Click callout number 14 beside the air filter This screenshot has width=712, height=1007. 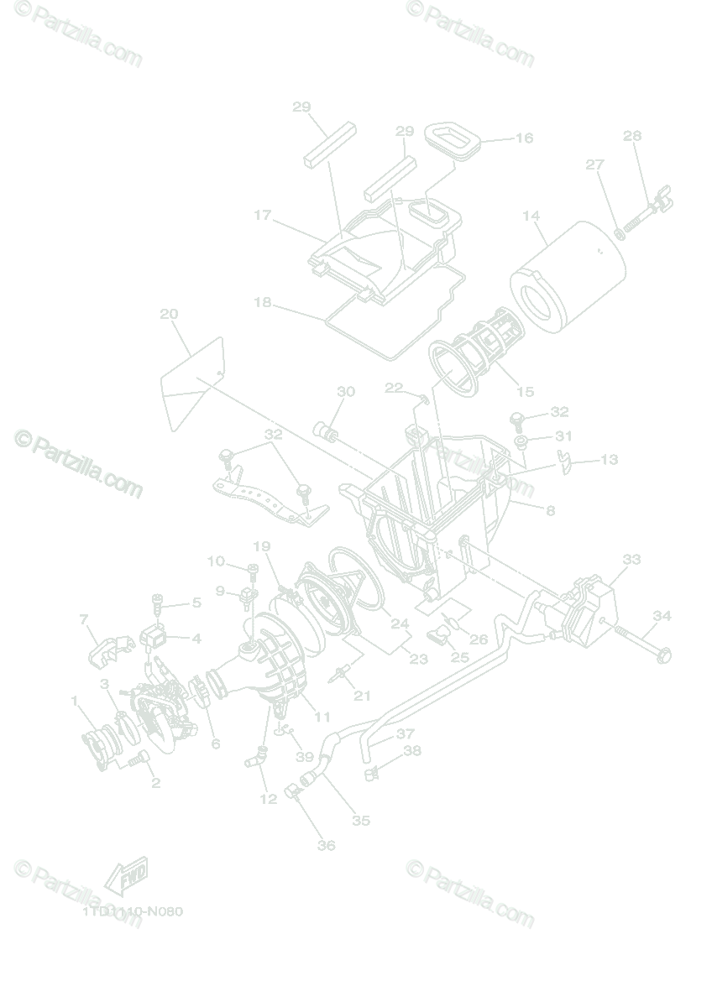tap(531, 216)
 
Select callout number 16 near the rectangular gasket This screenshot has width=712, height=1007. tap(524, 138)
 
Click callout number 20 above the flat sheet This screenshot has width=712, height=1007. tap(169, 314)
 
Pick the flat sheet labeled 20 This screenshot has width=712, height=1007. tap(193, 382)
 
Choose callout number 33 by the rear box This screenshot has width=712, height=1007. tap(631, 558)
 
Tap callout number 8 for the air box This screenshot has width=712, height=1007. tap(550, 510)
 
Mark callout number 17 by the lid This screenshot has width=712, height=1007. tap(263, 216)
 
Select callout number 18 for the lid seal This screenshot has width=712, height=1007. tap(263, 302)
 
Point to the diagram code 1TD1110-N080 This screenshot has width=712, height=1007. tap(133, 911)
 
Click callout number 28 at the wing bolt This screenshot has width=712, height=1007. tap(632, 135)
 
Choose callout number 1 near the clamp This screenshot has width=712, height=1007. tap(74, 701)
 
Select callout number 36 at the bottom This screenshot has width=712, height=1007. tap(326, 845)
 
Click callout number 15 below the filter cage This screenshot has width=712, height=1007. tap(525, 391)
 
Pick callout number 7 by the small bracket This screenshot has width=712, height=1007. tap(84, 619)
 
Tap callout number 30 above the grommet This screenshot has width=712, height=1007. tap(346, 392)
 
